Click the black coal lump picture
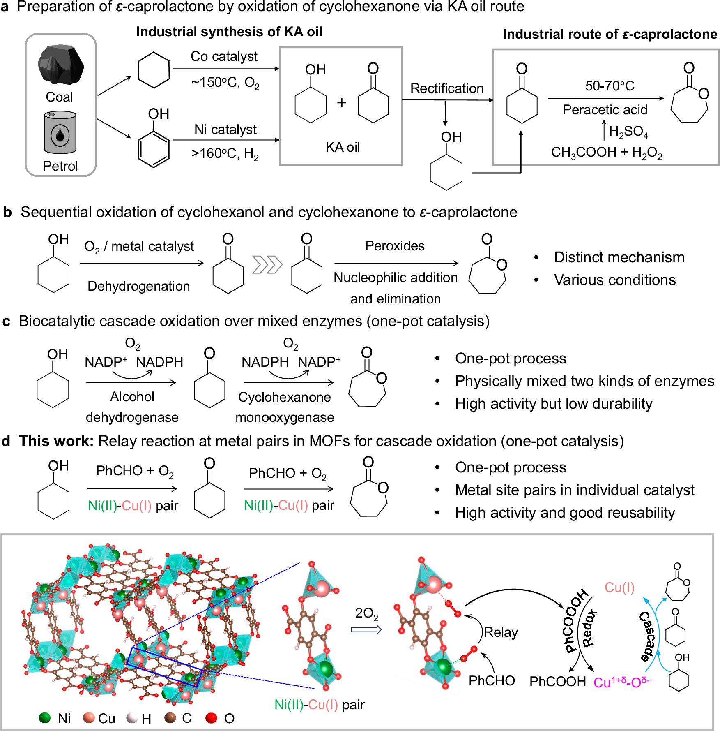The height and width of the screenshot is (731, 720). (x=60, y=65)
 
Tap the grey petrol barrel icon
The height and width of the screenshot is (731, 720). (x=60, y=132)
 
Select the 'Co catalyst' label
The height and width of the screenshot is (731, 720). (x=224, y=56)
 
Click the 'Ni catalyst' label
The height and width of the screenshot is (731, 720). (x=225, y=130)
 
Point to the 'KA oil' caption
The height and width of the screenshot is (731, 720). (x=343, y=147)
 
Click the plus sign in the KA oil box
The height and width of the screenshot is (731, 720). (x=341, y=102)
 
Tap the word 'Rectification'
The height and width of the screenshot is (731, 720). (x=446, y=88)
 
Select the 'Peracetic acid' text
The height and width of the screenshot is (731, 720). (x=605, y=110)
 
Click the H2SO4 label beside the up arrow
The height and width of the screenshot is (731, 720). (x=628, y=132)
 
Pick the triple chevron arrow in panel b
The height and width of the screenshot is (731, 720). (x=267, y=264)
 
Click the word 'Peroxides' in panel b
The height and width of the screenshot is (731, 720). (x=395, y=246)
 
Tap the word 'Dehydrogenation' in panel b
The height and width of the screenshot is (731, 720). (x=138, y=286)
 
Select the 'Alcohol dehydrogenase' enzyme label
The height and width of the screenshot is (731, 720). (x=132, y=407)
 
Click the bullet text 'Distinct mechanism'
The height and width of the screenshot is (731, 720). (x=619, y=257)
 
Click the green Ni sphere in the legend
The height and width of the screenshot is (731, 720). (x=44, y=718)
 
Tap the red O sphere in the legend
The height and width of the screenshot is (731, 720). (x=211, y=718)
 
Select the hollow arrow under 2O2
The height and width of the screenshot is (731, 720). (x=366, y=629)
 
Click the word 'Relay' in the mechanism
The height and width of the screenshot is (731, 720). (x=501, y=632)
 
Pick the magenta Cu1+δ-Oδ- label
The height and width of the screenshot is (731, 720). (x=622, y=682)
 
